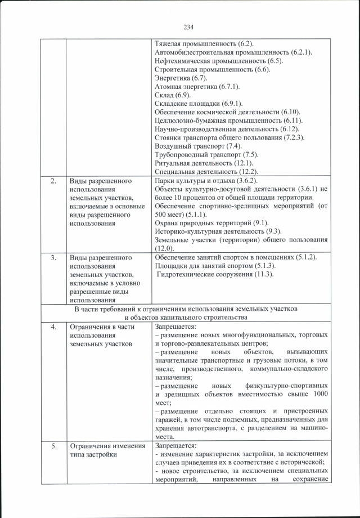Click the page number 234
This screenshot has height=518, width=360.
188,25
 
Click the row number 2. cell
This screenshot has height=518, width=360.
53,181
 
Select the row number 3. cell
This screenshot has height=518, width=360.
53,257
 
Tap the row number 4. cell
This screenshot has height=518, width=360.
53,327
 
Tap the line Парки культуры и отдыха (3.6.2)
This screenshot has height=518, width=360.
206,181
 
